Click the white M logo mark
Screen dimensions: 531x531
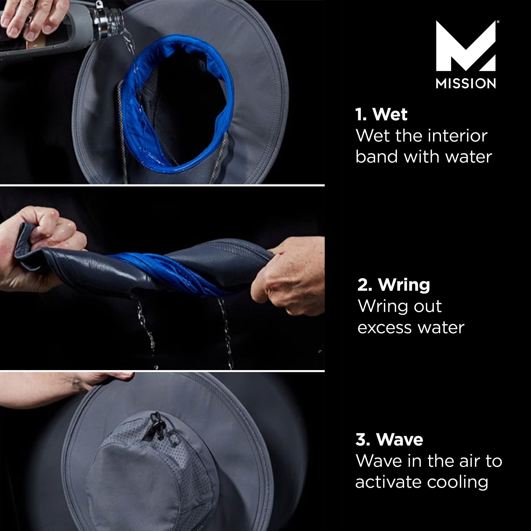pyautogui.click(x=466, y=47)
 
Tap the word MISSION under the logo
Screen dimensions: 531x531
pyautogui.click(x=466, y=84)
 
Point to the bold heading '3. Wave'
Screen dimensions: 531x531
pyautogui.click(x=389, y=439)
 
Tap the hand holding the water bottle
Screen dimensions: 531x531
pyautogui.click(x=30, y=19)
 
